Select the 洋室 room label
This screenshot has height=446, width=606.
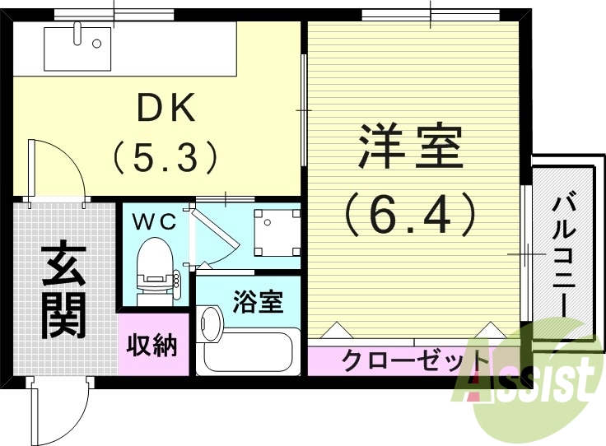410,147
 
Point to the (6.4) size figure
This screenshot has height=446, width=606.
409,212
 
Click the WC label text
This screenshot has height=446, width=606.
155,221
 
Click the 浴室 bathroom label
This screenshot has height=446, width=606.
258,301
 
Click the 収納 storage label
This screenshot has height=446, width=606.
152,345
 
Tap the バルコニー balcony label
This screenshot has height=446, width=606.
564,255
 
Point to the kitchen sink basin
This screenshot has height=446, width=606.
77,48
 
